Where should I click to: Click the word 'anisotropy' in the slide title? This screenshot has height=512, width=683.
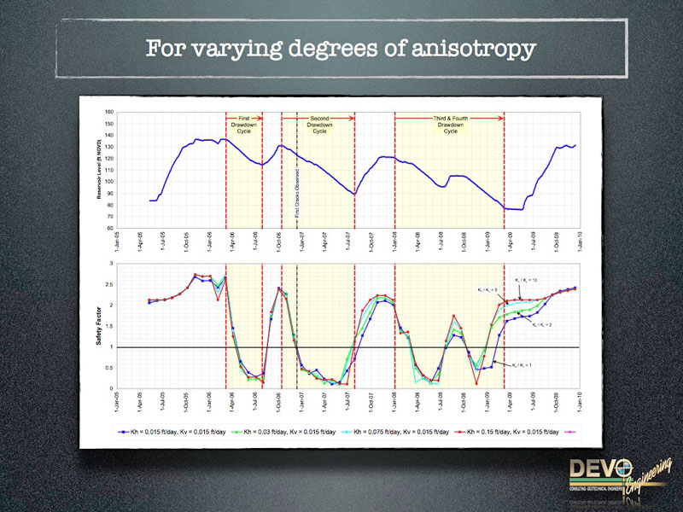(x=474, y=48)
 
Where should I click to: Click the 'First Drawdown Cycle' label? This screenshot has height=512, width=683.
(x=243, y=125)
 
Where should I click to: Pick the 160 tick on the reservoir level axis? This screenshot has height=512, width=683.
(x=109, y=112)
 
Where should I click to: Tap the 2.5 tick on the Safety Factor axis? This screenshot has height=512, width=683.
(x=109, y=284)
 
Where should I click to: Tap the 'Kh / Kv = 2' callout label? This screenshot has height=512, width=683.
(x=546, y=325)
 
